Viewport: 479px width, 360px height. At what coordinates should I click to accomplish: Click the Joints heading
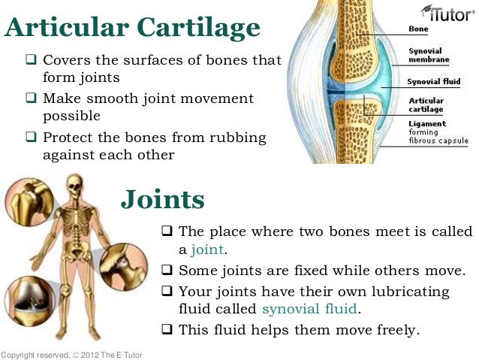coord(163,199)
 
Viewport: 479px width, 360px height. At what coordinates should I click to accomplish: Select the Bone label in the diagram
coord(418,29)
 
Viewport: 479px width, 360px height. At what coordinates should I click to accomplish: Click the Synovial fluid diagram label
coord(434,81)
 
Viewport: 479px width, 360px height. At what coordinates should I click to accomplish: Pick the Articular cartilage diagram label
coord(425,104)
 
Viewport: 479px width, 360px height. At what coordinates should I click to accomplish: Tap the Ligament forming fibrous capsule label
coord(437,132)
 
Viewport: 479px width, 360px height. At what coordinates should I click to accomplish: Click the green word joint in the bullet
coord(207,250)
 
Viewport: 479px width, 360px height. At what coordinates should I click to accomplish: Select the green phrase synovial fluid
coord(310,309)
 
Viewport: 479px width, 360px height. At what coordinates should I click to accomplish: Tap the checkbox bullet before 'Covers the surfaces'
coord(32,59)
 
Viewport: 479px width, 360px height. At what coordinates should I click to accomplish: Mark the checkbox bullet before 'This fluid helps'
coord(167,329)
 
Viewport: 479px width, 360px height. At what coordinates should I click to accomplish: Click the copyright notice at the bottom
coord(71,354)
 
